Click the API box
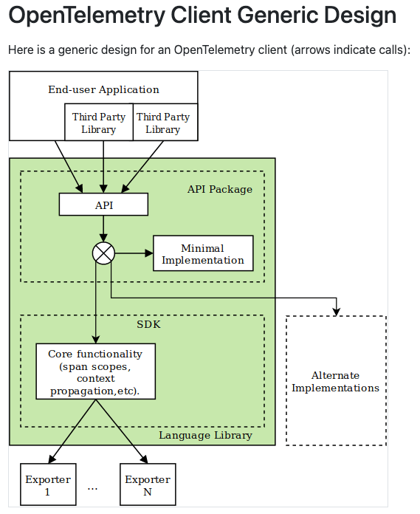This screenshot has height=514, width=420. (103, 205)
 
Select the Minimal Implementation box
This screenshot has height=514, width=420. (203, 253)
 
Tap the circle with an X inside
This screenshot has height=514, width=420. (103, 253)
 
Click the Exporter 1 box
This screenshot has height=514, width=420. (48, 484)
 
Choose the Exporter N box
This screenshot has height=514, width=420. (148, 484)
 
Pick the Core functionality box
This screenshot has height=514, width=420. (96, 371)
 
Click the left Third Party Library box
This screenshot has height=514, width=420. (99, 123)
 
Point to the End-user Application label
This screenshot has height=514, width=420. (103, 89)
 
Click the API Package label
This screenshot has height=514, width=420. (220, 189)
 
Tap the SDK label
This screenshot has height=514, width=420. (149, 324)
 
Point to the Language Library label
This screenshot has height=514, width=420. (205, 435)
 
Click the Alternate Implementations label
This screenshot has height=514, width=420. (335, 381)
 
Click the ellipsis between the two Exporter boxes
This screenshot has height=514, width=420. (93, 489)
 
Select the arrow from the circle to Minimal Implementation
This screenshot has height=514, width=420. (134, 253)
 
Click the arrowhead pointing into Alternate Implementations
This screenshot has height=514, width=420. (337, 312)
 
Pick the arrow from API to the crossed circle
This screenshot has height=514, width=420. (103, 229)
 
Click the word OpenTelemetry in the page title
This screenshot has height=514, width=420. (87, 16)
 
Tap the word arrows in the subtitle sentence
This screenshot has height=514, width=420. (311, 49)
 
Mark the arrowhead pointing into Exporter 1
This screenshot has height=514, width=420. (52, 459)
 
